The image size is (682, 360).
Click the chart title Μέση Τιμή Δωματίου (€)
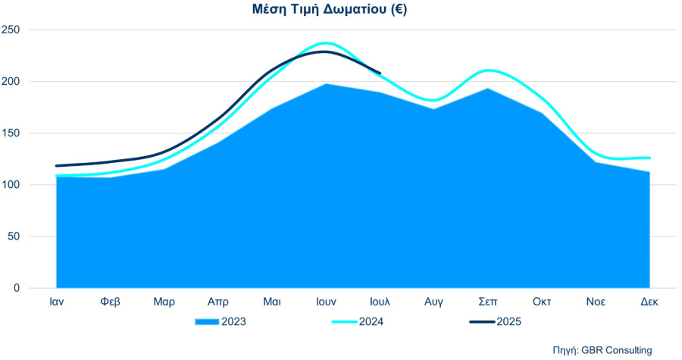(x=330, y=9)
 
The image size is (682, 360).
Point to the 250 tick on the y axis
(x=11, y=30)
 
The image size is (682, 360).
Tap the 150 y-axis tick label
(x=11, y=133)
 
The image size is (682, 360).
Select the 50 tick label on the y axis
(x=14, y=236)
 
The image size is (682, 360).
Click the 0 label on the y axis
(x=17, y=288)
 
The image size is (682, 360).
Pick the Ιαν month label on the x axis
(x=57, y=302)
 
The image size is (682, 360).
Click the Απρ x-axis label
(x=218, y=302)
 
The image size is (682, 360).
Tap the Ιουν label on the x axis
(x=326, y=302)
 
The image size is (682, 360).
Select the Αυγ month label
(x=433, y=302)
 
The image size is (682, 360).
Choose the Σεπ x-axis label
(x=487, y=302)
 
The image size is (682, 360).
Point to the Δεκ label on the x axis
(x=649, y=302)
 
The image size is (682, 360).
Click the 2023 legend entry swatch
(x=207, y=322)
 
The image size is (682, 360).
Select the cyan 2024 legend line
(x=345, y=322)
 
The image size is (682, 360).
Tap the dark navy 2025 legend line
(x=483, y=322)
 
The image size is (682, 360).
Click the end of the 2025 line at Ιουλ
(x=380, y=73)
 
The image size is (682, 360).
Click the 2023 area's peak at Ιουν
(x=326, y=84)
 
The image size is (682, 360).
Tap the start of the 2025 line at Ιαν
(x=57, y=166)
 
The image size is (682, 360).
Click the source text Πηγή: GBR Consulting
(x=602, y=350)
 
